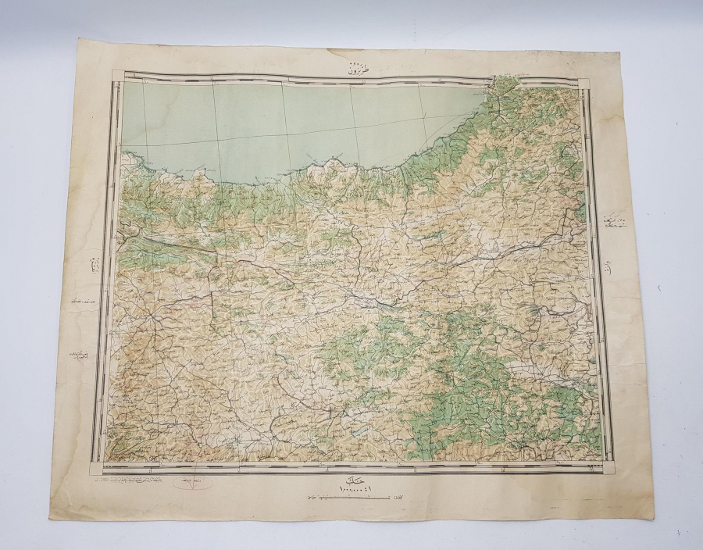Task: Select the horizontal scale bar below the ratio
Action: tap(344, 497)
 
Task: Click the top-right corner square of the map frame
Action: tap(583, 81)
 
